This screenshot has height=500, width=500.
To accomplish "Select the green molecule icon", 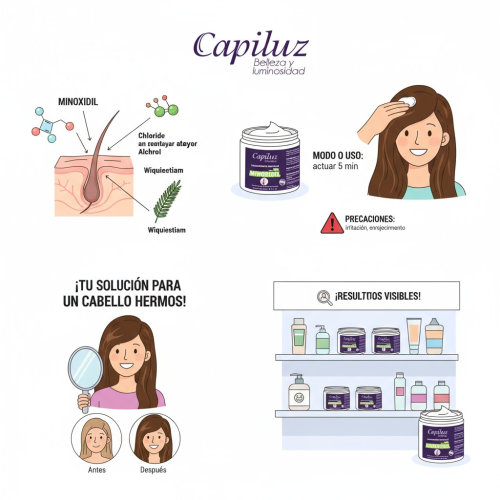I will coord(162,108).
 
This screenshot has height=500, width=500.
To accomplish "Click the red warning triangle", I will coord(332,223).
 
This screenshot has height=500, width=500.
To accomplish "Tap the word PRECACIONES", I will coord(369,219).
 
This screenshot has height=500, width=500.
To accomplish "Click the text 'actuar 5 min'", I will coord(335,166).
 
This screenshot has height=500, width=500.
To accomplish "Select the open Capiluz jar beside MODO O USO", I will coord(270,157).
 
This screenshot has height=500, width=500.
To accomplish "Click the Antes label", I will coord(96,469).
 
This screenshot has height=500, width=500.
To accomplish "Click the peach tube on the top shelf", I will coord(413,335).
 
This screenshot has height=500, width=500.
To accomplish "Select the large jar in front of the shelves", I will coord(441,435).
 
